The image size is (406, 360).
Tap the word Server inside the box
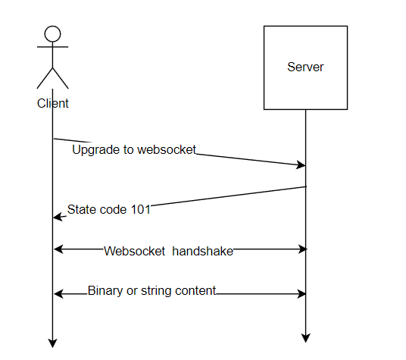coord(305,67)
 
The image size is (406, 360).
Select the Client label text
coord(52,103)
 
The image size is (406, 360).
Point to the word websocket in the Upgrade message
coord(167,150)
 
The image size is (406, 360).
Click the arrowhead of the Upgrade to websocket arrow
coord(301,164)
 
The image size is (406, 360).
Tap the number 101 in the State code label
coord(141,209)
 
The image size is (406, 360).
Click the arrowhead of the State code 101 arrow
coord(58,217)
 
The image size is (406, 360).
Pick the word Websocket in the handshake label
coord(134,251)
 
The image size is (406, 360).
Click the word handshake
coord(202,251)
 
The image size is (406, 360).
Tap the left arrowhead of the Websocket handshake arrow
coord(58,249)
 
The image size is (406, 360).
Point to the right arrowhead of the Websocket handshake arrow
coord(302,249)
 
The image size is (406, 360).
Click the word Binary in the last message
coord(105,290)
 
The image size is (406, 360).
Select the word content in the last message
coord(195,290)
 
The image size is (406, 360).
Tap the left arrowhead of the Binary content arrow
coord(58,294)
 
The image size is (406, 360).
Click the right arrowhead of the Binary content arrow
coord(301,294)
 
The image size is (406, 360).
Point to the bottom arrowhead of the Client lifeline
coord(52,343)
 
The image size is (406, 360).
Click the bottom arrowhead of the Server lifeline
coord(306,338)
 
